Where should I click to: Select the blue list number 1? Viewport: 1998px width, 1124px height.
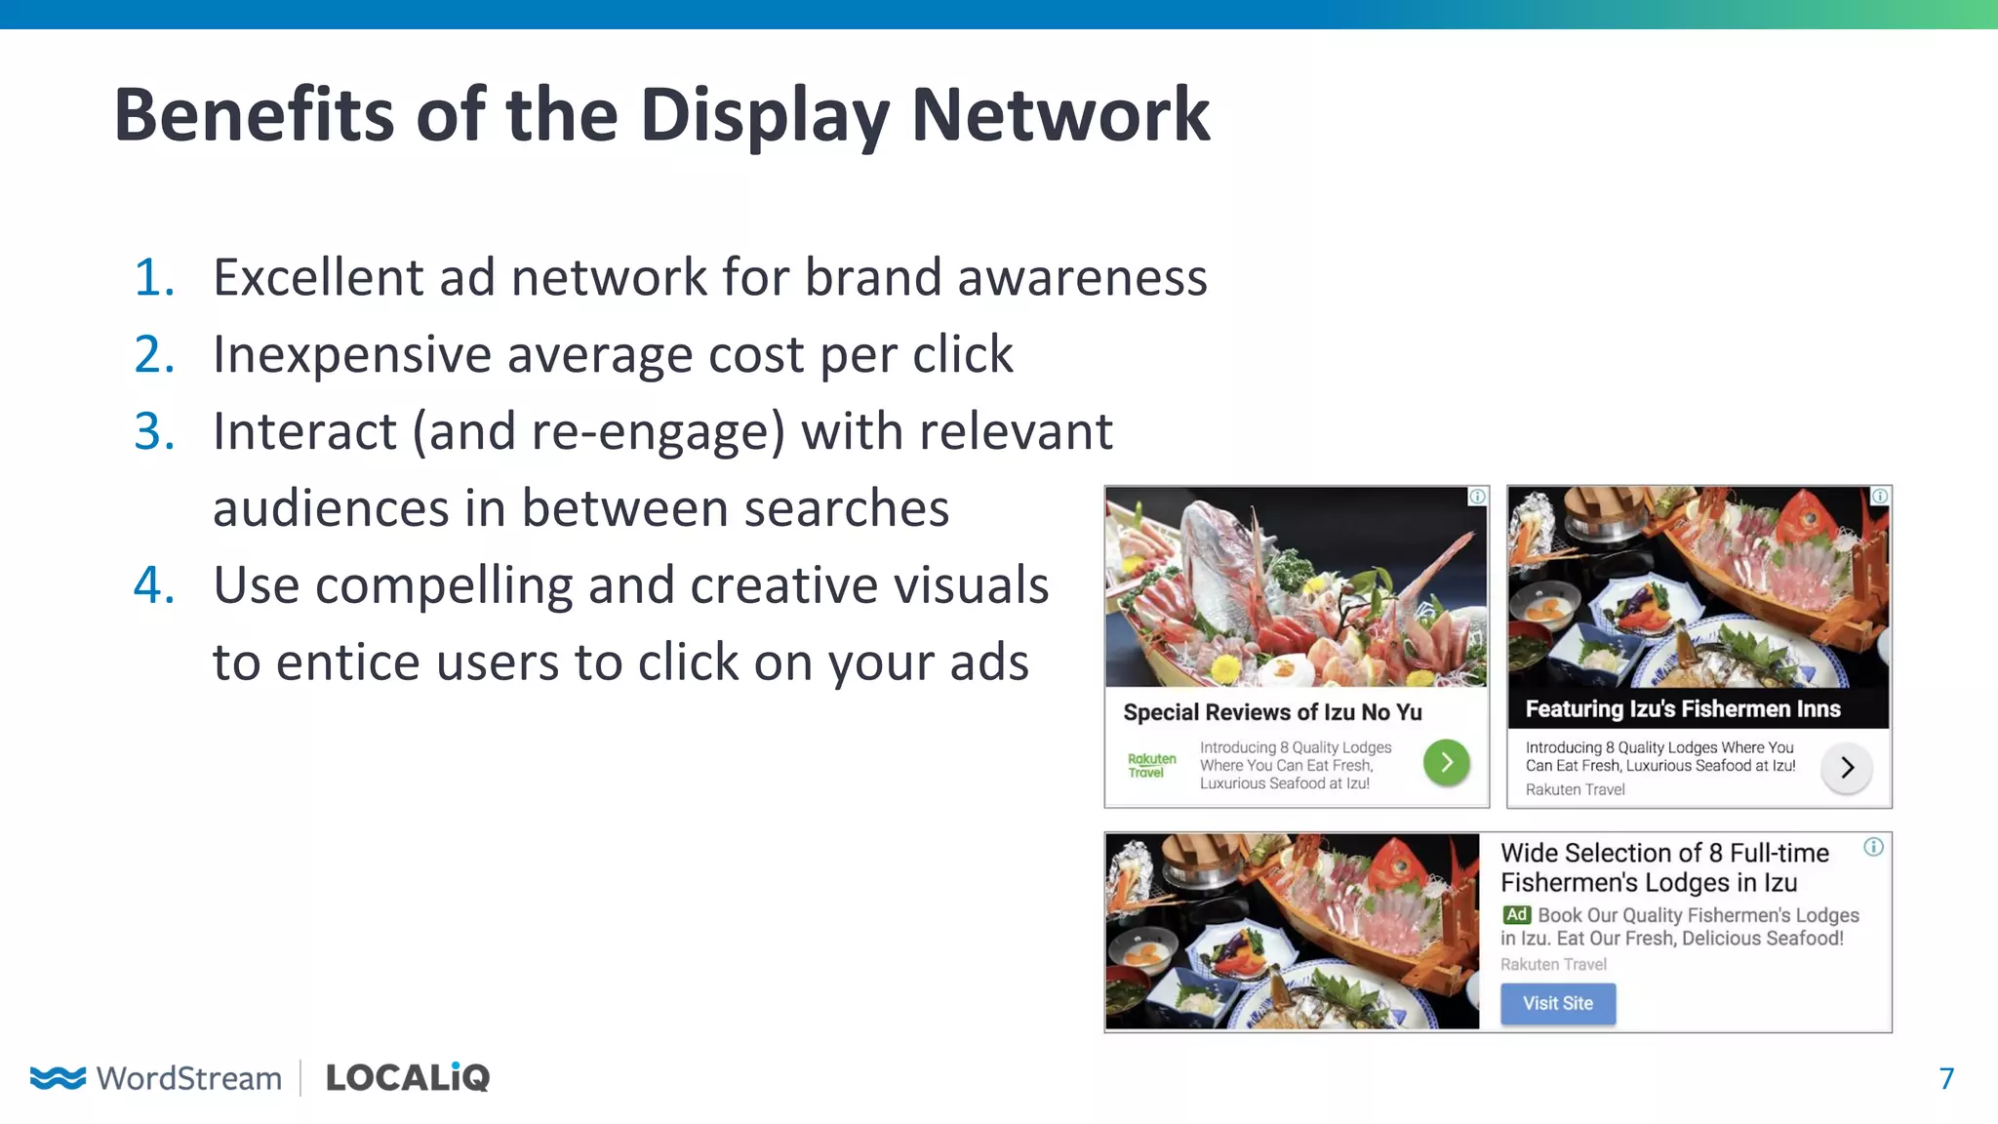click(x=154, y=277)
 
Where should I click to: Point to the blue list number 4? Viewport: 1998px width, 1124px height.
click(x=154, y=585)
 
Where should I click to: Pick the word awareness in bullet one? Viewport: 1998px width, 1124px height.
click(x=1082, y=277)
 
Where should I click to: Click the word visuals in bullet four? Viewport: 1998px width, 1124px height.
click(x=957, y=585)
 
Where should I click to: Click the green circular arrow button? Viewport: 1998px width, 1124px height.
click(x=1446, y=762)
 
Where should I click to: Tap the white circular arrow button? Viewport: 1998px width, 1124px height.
click(x=1846, y=768)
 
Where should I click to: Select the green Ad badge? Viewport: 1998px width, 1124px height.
click(x=1516, y=915)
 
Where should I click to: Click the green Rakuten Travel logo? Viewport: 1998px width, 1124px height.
click(x=1151, y=765)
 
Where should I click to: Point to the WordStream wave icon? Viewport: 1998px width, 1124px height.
click(x=58, y=1077)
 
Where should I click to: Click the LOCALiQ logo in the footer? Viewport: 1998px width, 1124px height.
click(x=408, y=1077)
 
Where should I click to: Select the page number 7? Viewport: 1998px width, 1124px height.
click(x=1945, y=1078)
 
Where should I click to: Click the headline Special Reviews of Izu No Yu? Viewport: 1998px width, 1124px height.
click(x=1272, y=712)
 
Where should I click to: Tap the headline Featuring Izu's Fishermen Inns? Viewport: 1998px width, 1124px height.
click(x=1682, y=709)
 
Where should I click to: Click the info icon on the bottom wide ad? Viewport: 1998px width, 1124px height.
click(x=1873, y=847)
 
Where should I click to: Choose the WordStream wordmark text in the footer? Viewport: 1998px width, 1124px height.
click(x=189, y=1078)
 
